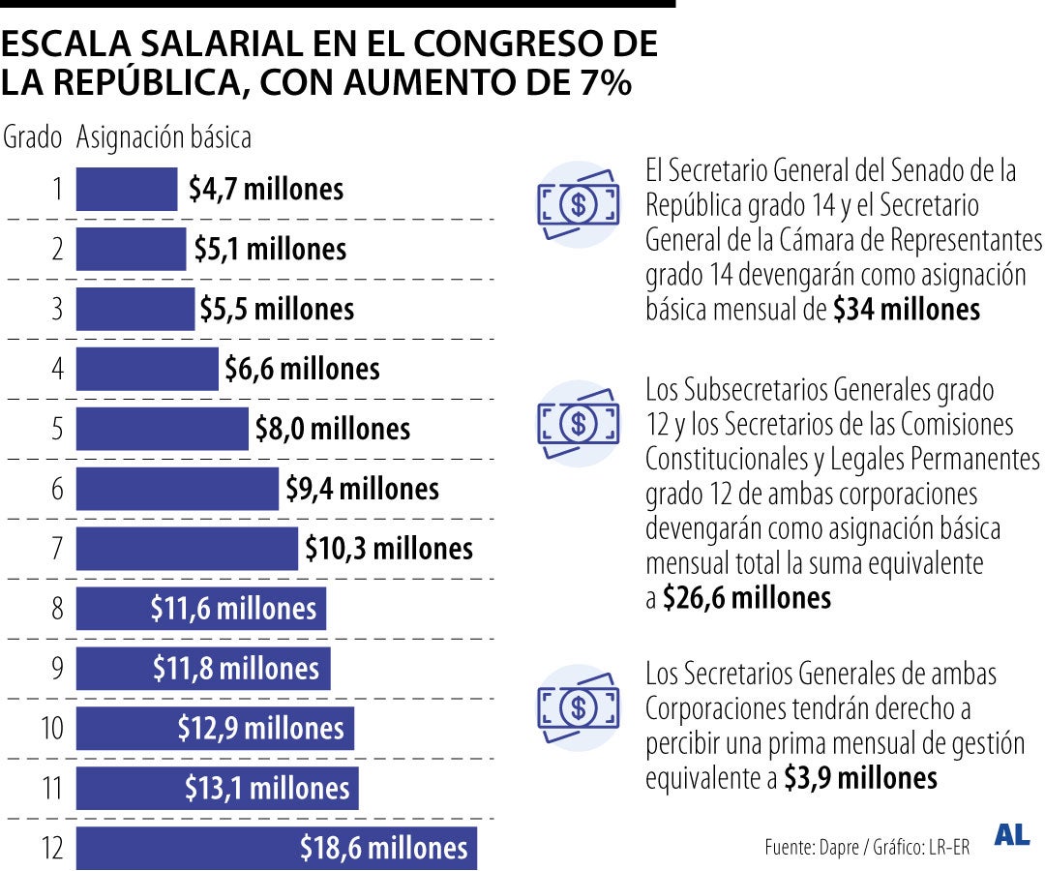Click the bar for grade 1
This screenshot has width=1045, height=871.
coord(127,189)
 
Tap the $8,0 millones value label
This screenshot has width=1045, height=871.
coord(333,429)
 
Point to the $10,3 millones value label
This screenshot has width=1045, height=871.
coord(389,549)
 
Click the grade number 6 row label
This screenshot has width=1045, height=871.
coord(57,489)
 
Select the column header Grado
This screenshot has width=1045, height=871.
coord(33,137)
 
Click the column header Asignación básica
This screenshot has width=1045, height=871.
coord(164,137)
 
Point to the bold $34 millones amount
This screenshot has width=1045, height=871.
coord(907,310)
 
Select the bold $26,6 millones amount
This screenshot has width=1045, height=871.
coord(746,598)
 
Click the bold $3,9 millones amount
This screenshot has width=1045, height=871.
coord(860,778)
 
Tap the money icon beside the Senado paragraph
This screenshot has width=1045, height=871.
coord(579,204)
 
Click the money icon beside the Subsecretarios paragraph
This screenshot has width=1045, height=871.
coord(579,423)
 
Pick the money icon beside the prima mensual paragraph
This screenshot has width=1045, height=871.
coord(579,707)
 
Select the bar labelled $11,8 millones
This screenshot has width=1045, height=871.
coord(203,669)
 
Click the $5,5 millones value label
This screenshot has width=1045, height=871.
coord(277,309)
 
